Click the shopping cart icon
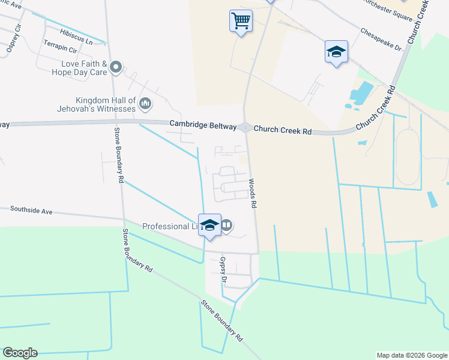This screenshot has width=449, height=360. (241, 21)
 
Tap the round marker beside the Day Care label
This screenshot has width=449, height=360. (116, 67)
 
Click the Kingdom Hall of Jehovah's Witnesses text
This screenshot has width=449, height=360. (98, 104)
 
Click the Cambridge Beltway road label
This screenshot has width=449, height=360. (204, 124)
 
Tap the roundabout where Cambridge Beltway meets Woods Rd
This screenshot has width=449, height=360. (245, 127)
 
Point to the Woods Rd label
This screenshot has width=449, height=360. (253, 193)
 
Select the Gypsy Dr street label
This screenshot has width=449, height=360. (223, 269)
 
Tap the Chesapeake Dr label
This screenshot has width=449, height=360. (381, 39)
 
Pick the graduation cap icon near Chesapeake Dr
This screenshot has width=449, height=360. (336, 52)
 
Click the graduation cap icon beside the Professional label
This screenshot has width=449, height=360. (209, 226)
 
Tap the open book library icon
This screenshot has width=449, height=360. (226, 226)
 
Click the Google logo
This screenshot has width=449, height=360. (19, 353)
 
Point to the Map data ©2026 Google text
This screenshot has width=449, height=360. (411, 355)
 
